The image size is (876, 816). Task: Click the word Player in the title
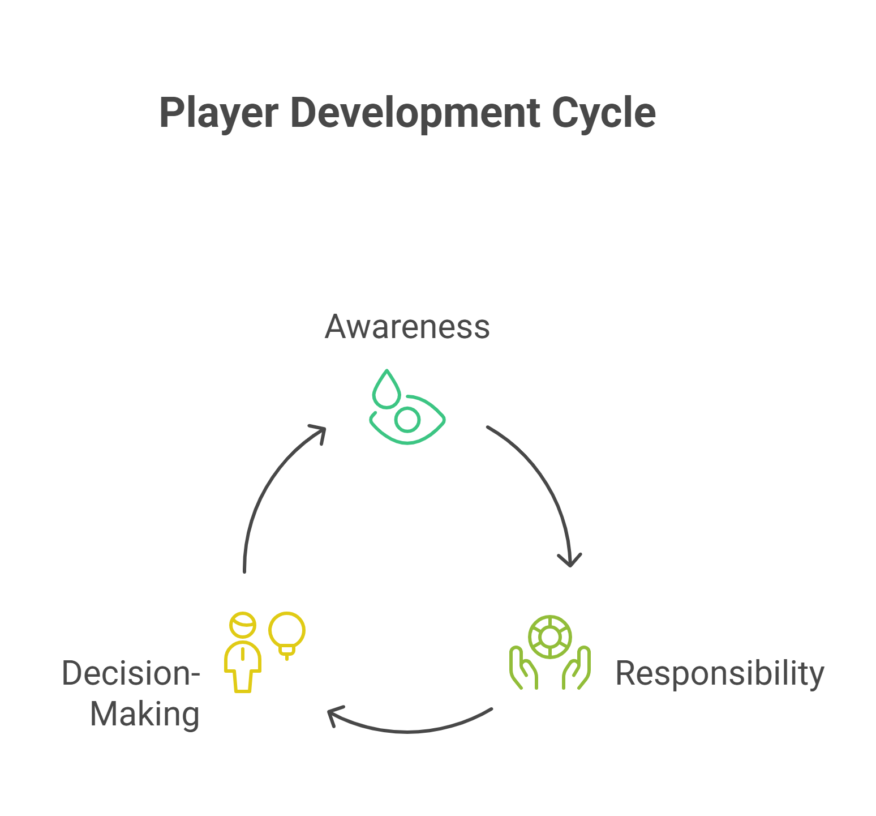pyautogui.click(x=218, y=113)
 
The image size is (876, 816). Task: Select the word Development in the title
pyautogui.click(x=414, y=113)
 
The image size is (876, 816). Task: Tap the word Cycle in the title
pyautogui.click(x=603, y=113)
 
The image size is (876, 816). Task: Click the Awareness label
pyautogui.click(x=407, y=327)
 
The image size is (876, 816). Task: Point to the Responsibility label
pyautogui.click(x=719, y=673)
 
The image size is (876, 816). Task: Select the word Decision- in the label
pyautogui.click(x=131, y=673)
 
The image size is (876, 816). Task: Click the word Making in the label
pyautogui.click(x=145, y=714)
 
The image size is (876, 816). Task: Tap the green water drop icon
pyautogui.click(x=386, y=391)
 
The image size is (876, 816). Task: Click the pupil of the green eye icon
pyautogui.click(x=407, y=420)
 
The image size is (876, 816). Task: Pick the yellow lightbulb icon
pyautogui.click(x=287, y=633)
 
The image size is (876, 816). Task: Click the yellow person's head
pyautogui.click(x=243, y=625)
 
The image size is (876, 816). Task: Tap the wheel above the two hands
pyautogui.click(x=549, y=637)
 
